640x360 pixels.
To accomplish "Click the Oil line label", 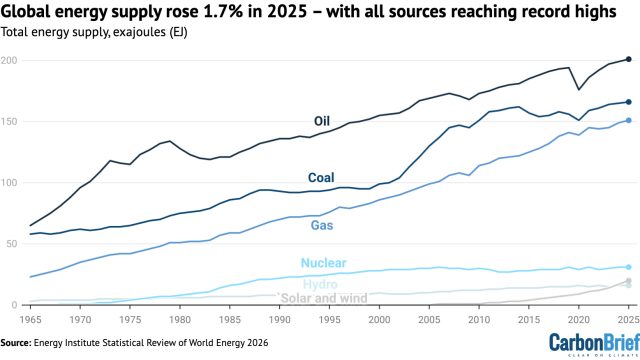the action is (322, 121).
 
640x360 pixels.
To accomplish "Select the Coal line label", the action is (321, 178).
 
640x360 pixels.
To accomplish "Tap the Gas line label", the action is (322, 225).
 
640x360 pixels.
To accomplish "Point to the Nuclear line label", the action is (324, 263).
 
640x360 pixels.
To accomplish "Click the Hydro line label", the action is (320, 284).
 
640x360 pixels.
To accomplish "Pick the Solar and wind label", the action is (323, 298).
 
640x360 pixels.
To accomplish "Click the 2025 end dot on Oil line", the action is (629, 59).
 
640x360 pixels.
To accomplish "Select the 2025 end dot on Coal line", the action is (629, 102).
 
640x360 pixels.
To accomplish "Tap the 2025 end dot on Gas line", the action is (629, 120).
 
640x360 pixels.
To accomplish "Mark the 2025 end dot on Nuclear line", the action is (629, 267).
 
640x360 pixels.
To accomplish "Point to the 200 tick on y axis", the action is (9, 60).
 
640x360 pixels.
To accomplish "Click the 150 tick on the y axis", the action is (9, 122).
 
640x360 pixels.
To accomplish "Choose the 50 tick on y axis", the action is (11, 244).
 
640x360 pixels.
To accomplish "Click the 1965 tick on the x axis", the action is (31, 320).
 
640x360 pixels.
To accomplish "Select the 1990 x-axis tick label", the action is (280, 320).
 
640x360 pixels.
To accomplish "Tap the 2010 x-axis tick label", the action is (479, 320).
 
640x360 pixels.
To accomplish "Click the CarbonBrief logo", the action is (594, 344).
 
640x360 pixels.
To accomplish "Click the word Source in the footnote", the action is (16, 342).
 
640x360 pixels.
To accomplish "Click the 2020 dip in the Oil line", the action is (578, 89).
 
